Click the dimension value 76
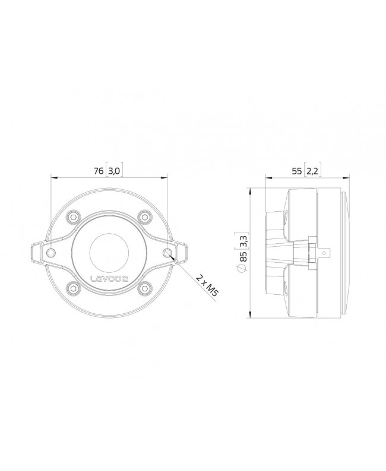99,171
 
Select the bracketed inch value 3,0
115,171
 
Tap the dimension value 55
296,171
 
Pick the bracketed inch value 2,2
312,171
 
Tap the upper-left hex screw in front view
72,217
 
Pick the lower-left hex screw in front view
72,288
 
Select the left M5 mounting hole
52,253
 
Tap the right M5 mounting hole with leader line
167,253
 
